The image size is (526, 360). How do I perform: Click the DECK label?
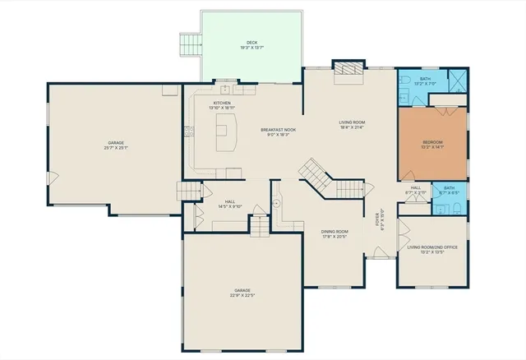click(251, 43)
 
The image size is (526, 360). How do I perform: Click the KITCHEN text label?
click(222, 103)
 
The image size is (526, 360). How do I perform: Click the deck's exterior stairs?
click(191, 43)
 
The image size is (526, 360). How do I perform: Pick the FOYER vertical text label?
click(379, 220)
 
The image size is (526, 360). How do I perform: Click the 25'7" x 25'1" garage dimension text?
click(116, 148)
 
